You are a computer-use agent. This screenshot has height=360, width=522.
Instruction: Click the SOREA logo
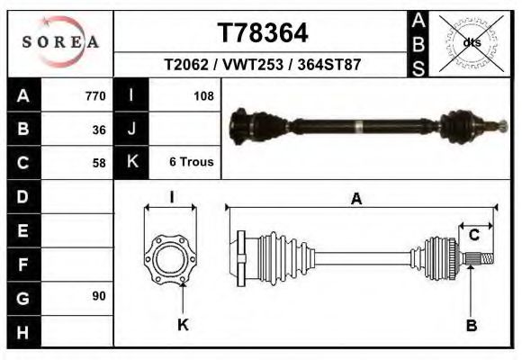(60, 42)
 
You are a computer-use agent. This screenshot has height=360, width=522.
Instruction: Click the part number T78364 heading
(263, 33)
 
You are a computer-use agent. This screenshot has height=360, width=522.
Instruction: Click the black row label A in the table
(23, 96)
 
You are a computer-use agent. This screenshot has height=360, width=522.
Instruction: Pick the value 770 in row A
(94, 96)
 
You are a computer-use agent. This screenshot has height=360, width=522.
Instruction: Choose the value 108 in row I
(202, 95)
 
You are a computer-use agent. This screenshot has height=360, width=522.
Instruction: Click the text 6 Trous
(191, 162)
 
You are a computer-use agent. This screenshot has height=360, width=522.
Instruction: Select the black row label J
(132, 129)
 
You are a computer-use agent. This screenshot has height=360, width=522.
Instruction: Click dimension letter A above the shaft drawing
(356, 200)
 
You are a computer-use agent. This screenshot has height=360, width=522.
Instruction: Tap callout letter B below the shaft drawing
(471, 326)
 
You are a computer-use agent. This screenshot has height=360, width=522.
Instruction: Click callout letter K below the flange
(183, 326)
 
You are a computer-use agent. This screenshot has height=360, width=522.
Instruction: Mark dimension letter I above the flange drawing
(171, 198)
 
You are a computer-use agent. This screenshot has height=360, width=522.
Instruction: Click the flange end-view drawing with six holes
(170, 256)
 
